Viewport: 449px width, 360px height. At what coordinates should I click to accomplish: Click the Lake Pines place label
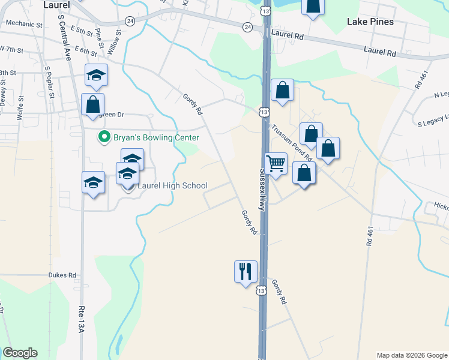(x=370, y=22)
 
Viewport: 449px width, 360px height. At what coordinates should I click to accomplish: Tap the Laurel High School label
(x=172, y=186)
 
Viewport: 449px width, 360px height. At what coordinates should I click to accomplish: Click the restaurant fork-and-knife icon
(x=246, y=271)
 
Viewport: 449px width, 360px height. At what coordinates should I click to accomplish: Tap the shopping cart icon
(x=276, y=163)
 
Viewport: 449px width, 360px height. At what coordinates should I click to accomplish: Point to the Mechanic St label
(x=24, y=25)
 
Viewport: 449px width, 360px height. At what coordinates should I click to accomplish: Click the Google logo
(x=20, y=353)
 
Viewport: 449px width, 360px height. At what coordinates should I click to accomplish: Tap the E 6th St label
(x=84, y=51)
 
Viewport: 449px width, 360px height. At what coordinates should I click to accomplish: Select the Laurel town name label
(x=57, y=5)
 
